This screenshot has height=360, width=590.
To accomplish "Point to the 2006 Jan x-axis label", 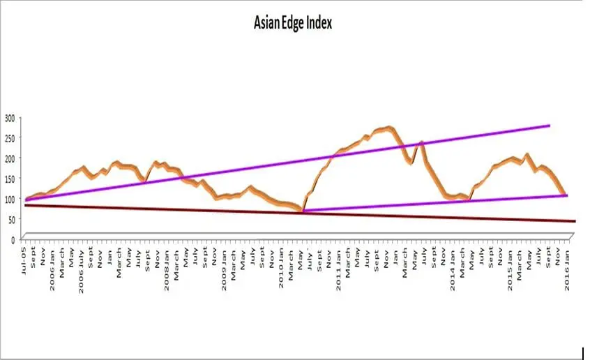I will pos(54,260).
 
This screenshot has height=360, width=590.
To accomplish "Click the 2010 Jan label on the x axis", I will pos(281,260).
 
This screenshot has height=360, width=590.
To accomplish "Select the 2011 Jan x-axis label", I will pos(338,260).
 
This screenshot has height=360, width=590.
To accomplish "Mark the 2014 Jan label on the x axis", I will pos(452,260).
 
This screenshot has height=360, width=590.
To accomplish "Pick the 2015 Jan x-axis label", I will pos(509,260).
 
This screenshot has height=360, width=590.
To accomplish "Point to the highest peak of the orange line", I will pos(389,128).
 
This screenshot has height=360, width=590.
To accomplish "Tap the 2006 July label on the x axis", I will pos(82,261).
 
